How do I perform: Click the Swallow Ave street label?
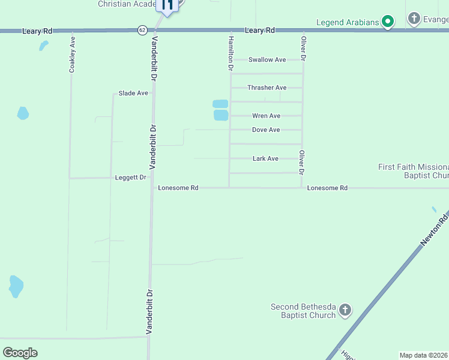point(267,59)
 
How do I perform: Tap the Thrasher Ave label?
point(267,88)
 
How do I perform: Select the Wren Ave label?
point(266,116)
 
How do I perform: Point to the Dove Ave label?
point(266,130)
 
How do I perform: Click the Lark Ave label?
point(265,158)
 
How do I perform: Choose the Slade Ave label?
point(133,93)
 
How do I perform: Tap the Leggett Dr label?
point(131,178)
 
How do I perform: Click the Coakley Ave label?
point(72,56)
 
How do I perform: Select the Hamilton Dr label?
point(229,53)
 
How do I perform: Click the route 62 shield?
point(142,29)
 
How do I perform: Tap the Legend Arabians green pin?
point(388,22)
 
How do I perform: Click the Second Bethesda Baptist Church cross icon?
point(345,310)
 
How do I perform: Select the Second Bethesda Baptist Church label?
point(303,311)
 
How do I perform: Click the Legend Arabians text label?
point(348,23)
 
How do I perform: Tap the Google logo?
point(20,353)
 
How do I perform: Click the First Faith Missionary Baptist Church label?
point(414,171)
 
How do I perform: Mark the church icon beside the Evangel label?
point(414,19)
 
